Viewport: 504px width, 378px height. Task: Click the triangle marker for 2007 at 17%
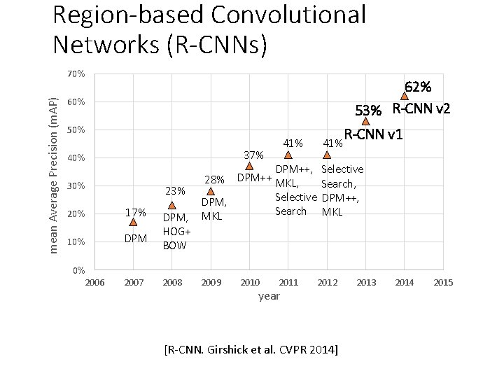133,222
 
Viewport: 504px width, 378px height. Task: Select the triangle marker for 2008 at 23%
172,205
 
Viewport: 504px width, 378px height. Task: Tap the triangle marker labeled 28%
211,190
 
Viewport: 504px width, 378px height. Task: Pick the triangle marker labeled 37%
249,166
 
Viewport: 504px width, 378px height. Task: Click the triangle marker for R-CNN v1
365,121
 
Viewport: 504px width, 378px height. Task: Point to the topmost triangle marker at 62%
405,96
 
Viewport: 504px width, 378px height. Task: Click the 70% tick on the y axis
76,74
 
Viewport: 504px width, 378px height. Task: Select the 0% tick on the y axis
78,270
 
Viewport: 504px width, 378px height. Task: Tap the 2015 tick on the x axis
443,283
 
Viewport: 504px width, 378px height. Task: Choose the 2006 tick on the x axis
94,283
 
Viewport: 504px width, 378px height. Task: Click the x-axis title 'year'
269,296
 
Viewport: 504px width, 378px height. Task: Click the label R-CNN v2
421,109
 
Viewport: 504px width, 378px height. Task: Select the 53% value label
368,111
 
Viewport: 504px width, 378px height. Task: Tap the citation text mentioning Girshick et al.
251,348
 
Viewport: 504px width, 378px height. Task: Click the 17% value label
135,212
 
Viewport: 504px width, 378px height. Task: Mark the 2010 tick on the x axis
250,283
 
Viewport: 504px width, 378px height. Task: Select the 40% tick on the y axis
76,158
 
